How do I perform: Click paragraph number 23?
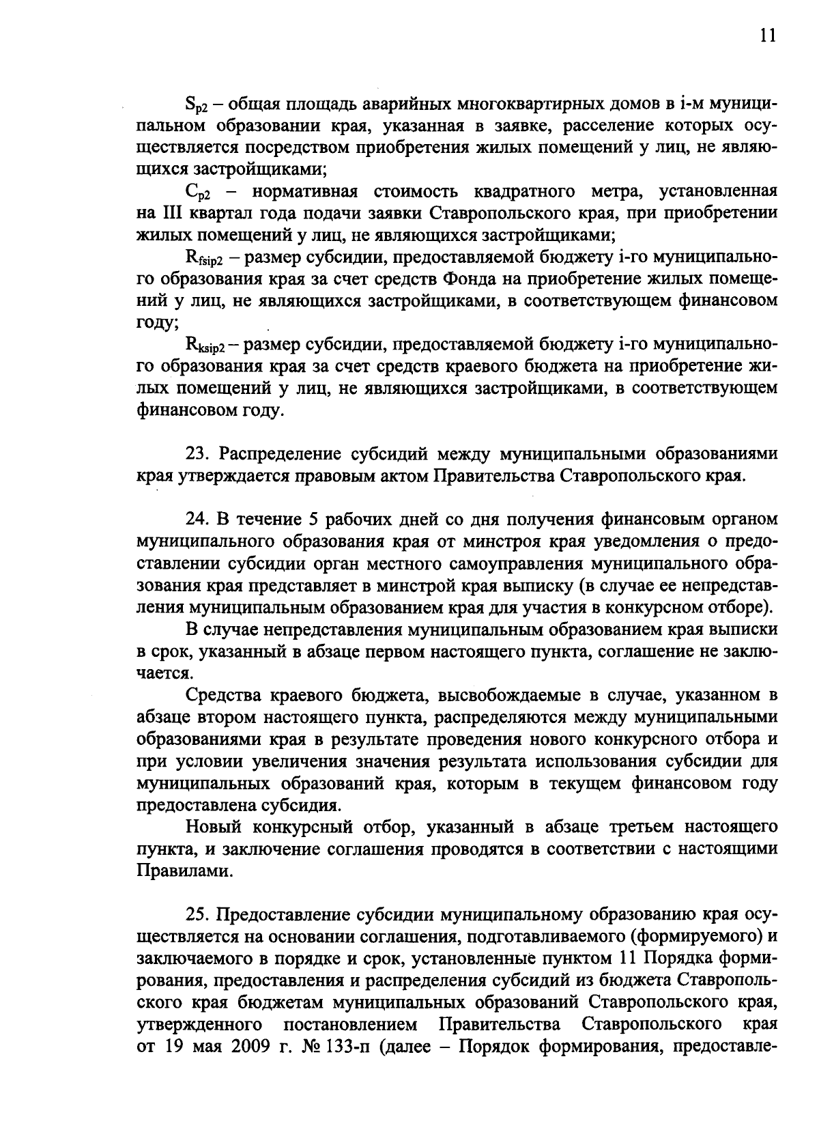(x=197, y=454)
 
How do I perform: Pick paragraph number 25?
(x=197, y=914)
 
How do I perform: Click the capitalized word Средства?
(x=227, y=696)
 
